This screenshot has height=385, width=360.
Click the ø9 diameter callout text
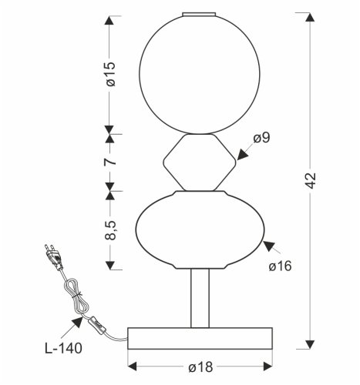point(261,139)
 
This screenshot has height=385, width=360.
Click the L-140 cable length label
point(62,347)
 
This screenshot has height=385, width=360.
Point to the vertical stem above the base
point(199,296)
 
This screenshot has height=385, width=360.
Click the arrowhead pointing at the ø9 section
point(241,156)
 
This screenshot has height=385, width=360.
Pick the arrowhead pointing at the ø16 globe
point(267,246)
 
